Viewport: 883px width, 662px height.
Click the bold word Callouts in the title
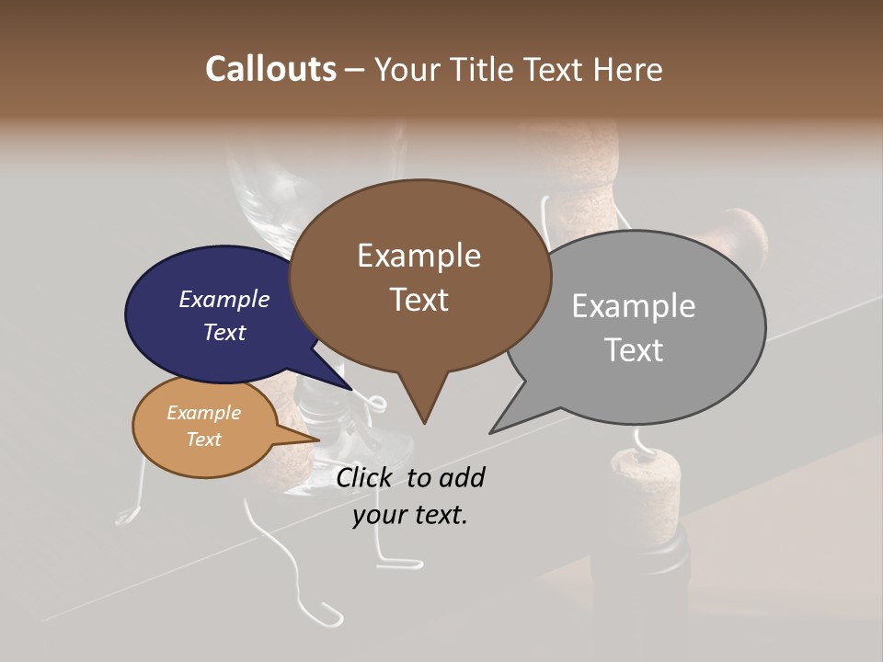270,69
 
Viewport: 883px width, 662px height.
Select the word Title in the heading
487,69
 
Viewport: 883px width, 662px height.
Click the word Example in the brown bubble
419,256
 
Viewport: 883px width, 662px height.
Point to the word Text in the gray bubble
634,349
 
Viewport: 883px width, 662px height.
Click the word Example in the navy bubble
224,299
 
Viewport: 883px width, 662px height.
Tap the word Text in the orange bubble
203,439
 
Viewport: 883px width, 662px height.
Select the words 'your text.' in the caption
410,515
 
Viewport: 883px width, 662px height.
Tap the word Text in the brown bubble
419,300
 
